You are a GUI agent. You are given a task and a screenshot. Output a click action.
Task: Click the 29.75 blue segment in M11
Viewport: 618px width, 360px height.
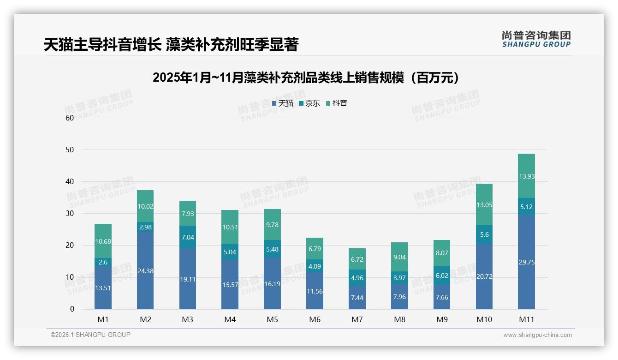pyautogui.click(x=526, y=262)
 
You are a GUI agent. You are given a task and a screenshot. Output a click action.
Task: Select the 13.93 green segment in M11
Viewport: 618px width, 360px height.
pyautogui.click(x=526, y=176)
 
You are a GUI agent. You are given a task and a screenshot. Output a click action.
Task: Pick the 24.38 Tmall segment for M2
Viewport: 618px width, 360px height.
pyautogui.click(x=145, y=270)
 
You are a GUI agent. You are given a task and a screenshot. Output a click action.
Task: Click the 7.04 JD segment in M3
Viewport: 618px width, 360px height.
pyautogui.click(x=188, y=237)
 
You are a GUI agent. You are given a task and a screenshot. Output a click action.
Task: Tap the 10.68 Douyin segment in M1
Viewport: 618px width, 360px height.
pyautogui.click(x=103, y=241)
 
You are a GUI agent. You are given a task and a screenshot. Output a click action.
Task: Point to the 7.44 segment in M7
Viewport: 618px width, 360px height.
pyautogui.click(x=357, y=298)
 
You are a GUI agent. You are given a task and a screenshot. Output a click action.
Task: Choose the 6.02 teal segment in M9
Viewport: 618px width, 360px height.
pyautogui.click(x=441, y=275)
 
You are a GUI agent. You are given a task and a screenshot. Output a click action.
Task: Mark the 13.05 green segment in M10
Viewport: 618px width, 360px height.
pyautogui.click(x=484, y=204)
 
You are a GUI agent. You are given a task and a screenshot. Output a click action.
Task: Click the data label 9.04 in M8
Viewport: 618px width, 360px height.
pyautogui.click(x=399, y=257)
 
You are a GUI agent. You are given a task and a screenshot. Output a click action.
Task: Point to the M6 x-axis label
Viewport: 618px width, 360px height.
pyautogui.click(x=315, y=319)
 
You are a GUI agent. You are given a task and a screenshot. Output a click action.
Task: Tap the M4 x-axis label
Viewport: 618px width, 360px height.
pyautogui.click(x=230, y=319)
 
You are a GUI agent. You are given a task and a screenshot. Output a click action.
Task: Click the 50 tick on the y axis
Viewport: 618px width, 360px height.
pyautogui.click(x=70, y=150)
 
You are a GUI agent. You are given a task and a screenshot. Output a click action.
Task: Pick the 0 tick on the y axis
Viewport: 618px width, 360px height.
pyautogui.click(x=72, y=309)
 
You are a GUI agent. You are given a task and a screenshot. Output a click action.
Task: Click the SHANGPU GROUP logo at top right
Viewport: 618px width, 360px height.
pyautogui.click(x=536, y=39)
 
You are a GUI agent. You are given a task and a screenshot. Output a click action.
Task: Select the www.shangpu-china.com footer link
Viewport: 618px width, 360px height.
pyautogui.click(x=537, y=335)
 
